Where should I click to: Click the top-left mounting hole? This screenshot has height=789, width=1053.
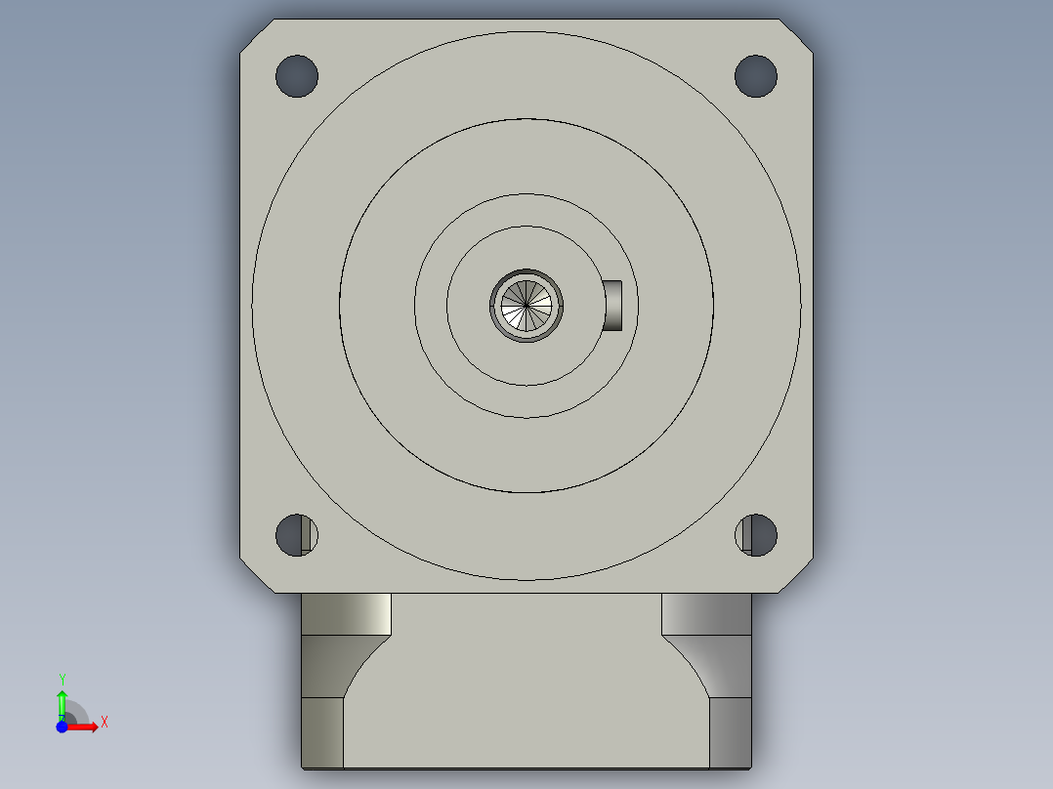pos(297,76)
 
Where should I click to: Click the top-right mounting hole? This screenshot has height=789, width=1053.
pos(755,76)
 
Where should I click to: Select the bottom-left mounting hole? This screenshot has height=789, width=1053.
pos(296,534)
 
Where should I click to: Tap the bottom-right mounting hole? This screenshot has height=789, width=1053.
pos(755,534)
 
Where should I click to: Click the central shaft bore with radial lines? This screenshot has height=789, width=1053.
pos(526,306)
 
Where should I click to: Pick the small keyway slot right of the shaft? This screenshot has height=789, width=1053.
pos(613,305)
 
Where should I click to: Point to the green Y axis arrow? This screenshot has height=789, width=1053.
pos(62,700)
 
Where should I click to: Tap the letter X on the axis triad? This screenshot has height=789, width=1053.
pos(105,723)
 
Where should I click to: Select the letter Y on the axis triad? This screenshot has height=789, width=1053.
pos(62,679)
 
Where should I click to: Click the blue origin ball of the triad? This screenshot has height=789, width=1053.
pos(62,727)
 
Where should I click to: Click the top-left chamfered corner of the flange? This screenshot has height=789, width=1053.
pos(252,32)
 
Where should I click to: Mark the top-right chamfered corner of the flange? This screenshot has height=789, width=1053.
pos(801,32)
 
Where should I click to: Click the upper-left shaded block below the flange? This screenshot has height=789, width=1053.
pos(346,613)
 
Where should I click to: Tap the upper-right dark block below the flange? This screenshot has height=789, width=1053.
pos(706,613)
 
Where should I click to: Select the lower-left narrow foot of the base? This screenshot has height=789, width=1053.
pos(322,732)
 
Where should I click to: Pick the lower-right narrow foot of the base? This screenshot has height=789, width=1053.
pos(730,732)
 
